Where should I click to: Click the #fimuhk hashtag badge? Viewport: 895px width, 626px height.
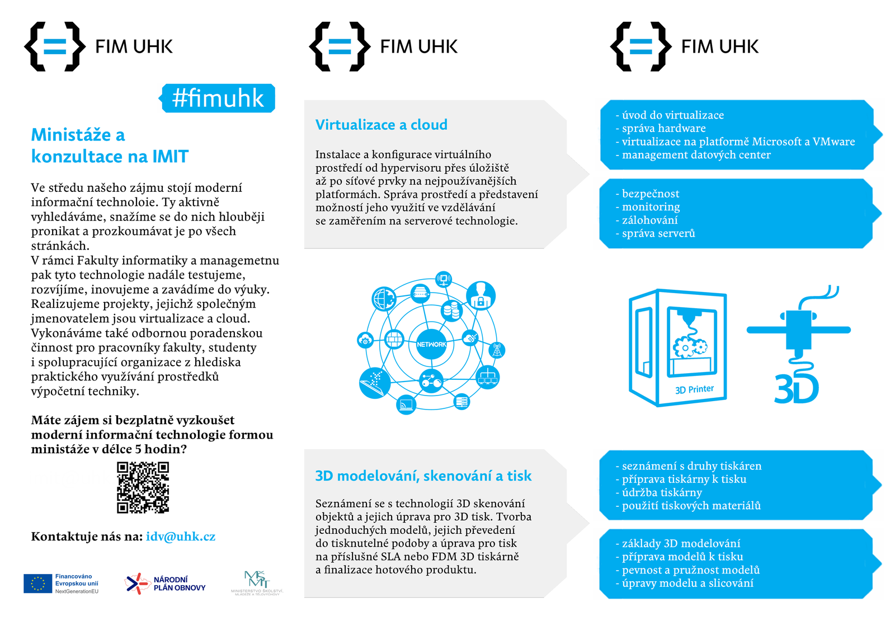click(x=218, y=98)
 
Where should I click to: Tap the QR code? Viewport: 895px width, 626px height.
click(x=143, y=487)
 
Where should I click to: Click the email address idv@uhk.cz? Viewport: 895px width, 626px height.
click(x=181, y=536)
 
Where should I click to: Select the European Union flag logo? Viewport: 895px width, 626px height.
click(x=37, y=583)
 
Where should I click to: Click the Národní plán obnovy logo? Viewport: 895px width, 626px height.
click(x=166, y=583)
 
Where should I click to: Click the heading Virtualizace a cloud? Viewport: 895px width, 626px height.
click(x=381, y=125)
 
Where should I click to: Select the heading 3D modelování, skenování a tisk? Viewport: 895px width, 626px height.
click(x=423, y=476)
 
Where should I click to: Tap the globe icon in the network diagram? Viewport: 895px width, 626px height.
click(x=384, y=299)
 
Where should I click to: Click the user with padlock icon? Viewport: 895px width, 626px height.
click(x=481, y=295)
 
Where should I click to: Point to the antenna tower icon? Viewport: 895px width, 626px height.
click(x=497, y=350)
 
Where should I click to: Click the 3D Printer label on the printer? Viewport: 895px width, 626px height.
click(x=694, y=389)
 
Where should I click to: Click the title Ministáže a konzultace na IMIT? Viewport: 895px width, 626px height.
click(x=110, y=145)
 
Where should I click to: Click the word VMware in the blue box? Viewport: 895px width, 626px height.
click(x=833, y=142)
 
